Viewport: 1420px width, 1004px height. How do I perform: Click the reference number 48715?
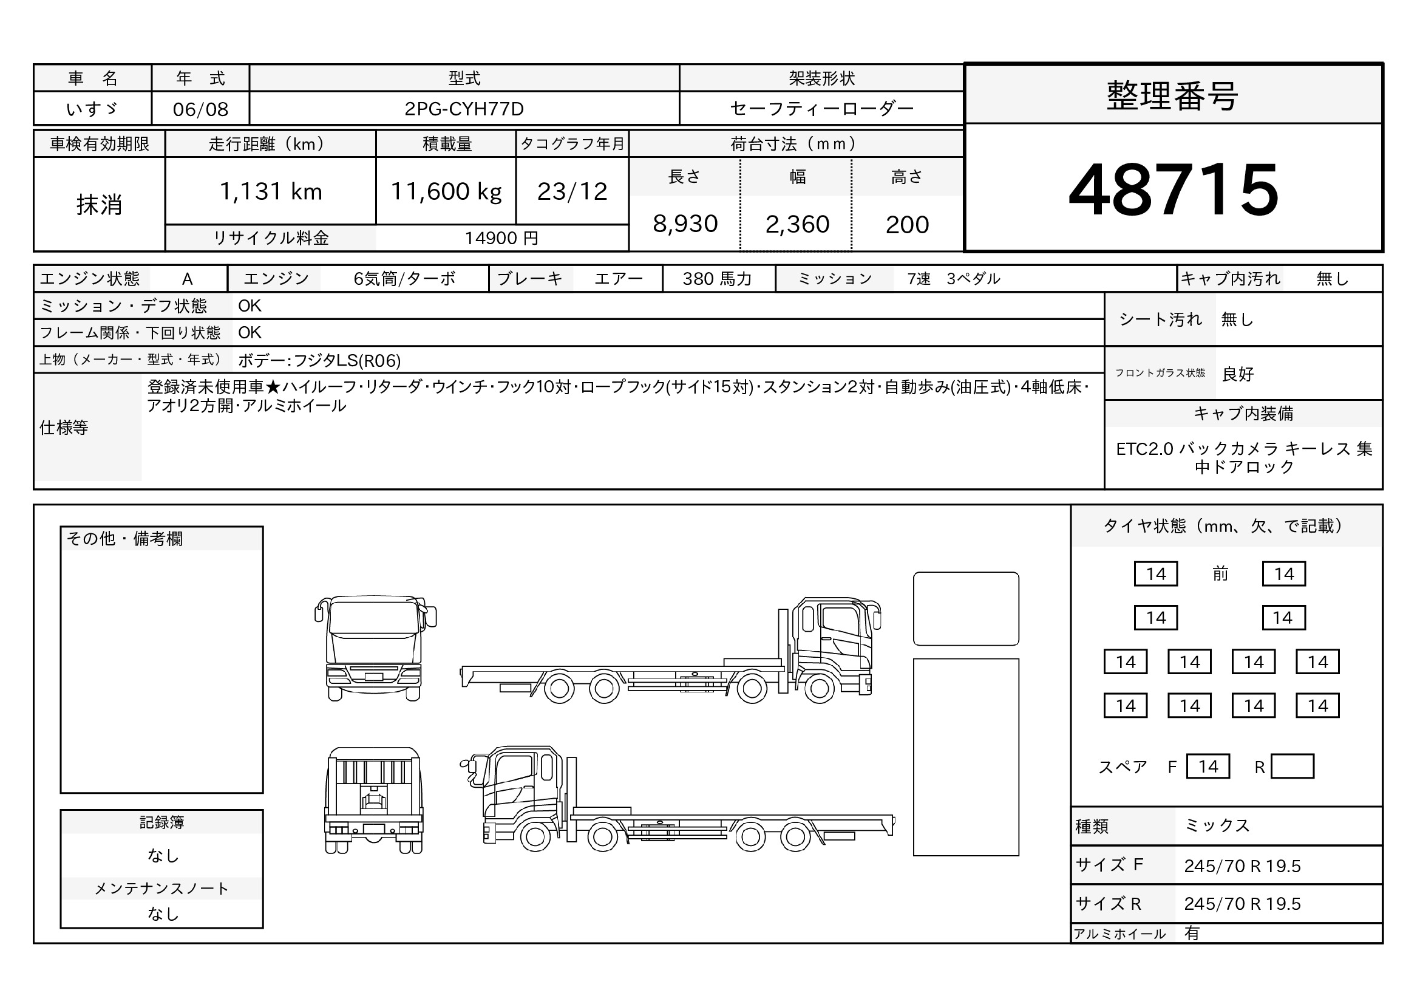[1174, 190]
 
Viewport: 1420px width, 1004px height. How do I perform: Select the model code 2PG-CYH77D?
[464, 109]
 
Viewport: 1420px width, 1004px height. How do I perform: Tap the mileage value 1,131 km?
[271, 191]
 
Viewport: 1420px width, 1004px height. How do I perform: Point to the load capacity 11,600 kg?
[446, 192]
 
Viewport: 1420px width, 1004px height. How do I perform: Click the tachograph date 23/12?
[572, 191]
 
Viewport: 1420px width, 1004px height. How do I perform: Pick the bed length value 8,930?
[685, 224]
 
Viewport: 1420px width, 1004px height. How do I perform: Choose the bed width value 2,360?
[797, 224]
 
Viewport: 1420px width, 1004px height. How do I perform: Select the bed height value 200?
[907, 224]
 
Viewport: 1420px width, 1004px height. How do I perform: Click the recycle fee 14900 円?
[501, 238]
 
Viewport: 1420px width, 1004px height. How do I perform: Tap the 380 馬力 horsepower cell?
[718, 279]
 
